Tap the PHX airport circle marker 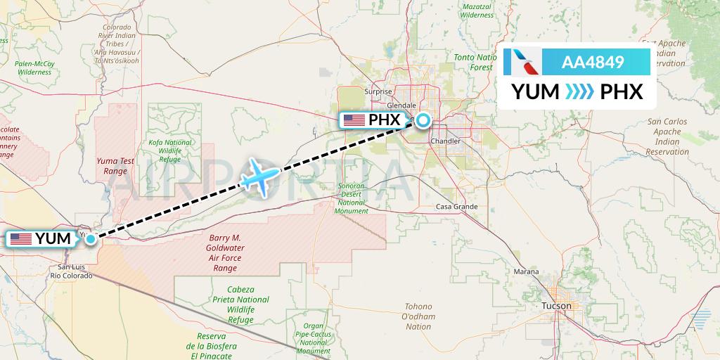423,120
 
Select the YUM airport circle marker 91,239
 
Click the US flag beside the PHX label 354,120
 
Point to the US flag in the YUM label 21,239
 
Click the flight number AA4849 593,62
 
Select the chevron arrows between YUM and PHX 579,91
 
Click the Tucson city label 557,306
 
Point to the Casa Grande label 457,207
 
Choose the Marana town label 526,271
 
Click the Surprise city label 378,91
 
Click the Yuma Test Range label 115,166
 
